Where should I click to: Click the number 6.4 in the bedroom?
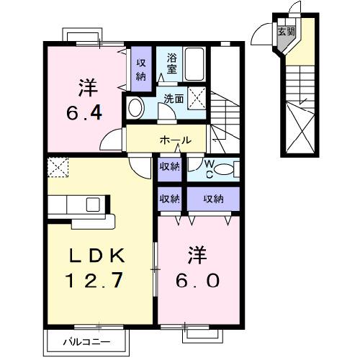pos(85,114)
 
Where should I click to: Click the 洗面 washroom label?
pos(173,100)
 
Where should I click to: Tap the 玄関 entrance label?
pos(287,31)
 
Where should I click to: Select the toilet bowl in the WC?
pos(225,169)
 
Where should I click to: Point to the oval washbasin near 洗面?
pos(135,107)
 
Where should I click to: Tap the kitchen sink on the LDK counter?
pos(93,204)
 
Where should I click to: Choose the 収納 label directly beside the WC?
pos(169,168)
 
